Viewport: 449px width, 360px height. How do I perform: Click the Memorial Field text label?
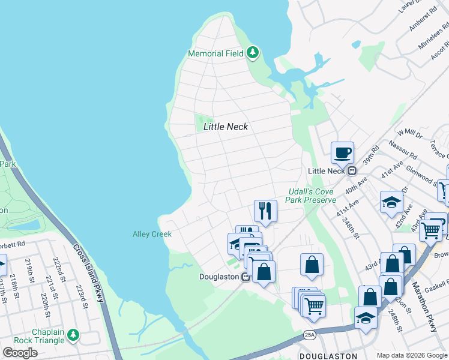tap(215, 53)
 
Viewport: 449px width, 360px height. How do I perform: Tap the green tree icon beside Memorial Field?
tap(253, 53)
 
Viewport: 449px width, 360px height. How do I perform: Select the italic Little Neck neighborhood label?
tap(226, 127)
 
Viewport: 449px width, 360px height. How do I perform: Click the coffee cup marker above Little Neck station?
tap(342, 153)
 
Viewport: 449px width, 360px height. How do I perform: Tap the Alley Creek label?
tap(152, 234)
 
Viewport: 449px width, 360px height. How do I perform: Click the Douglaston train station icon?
tap(246, 277)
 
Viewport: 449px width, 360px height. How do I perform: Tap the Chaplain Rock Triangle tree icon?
tap(73, 334)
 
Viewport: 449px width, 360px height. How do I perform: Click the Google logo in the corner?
tap(20, 353)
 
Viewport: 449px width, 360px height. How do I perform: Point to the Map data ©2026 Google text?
tap(412, 355)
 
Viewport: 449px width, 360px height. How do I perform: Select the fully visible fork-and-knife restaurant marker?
tap(265, 211)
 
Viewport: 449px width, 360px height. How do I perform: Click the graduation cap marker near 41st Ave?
tap(391, 202)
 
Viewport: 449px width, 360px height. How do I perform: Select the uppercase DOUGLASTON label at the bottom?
tap(324, 356)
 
